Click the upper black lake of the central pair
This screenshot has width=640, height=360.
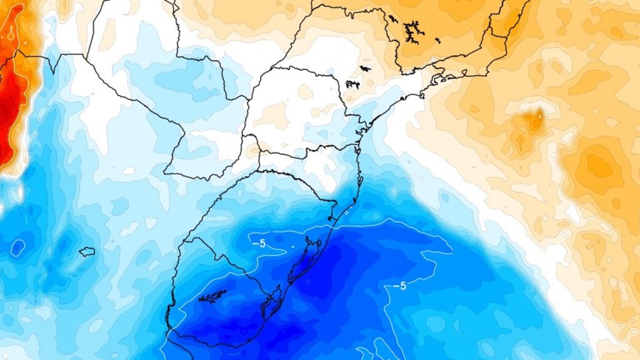[365, 67]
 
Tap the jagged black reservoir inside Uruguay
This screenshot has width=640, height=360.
[212, 296]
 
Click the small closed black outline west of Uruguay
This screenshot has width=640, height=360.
[87, 252]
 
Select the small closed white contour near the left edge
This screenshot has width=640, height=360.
[17, 247]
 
